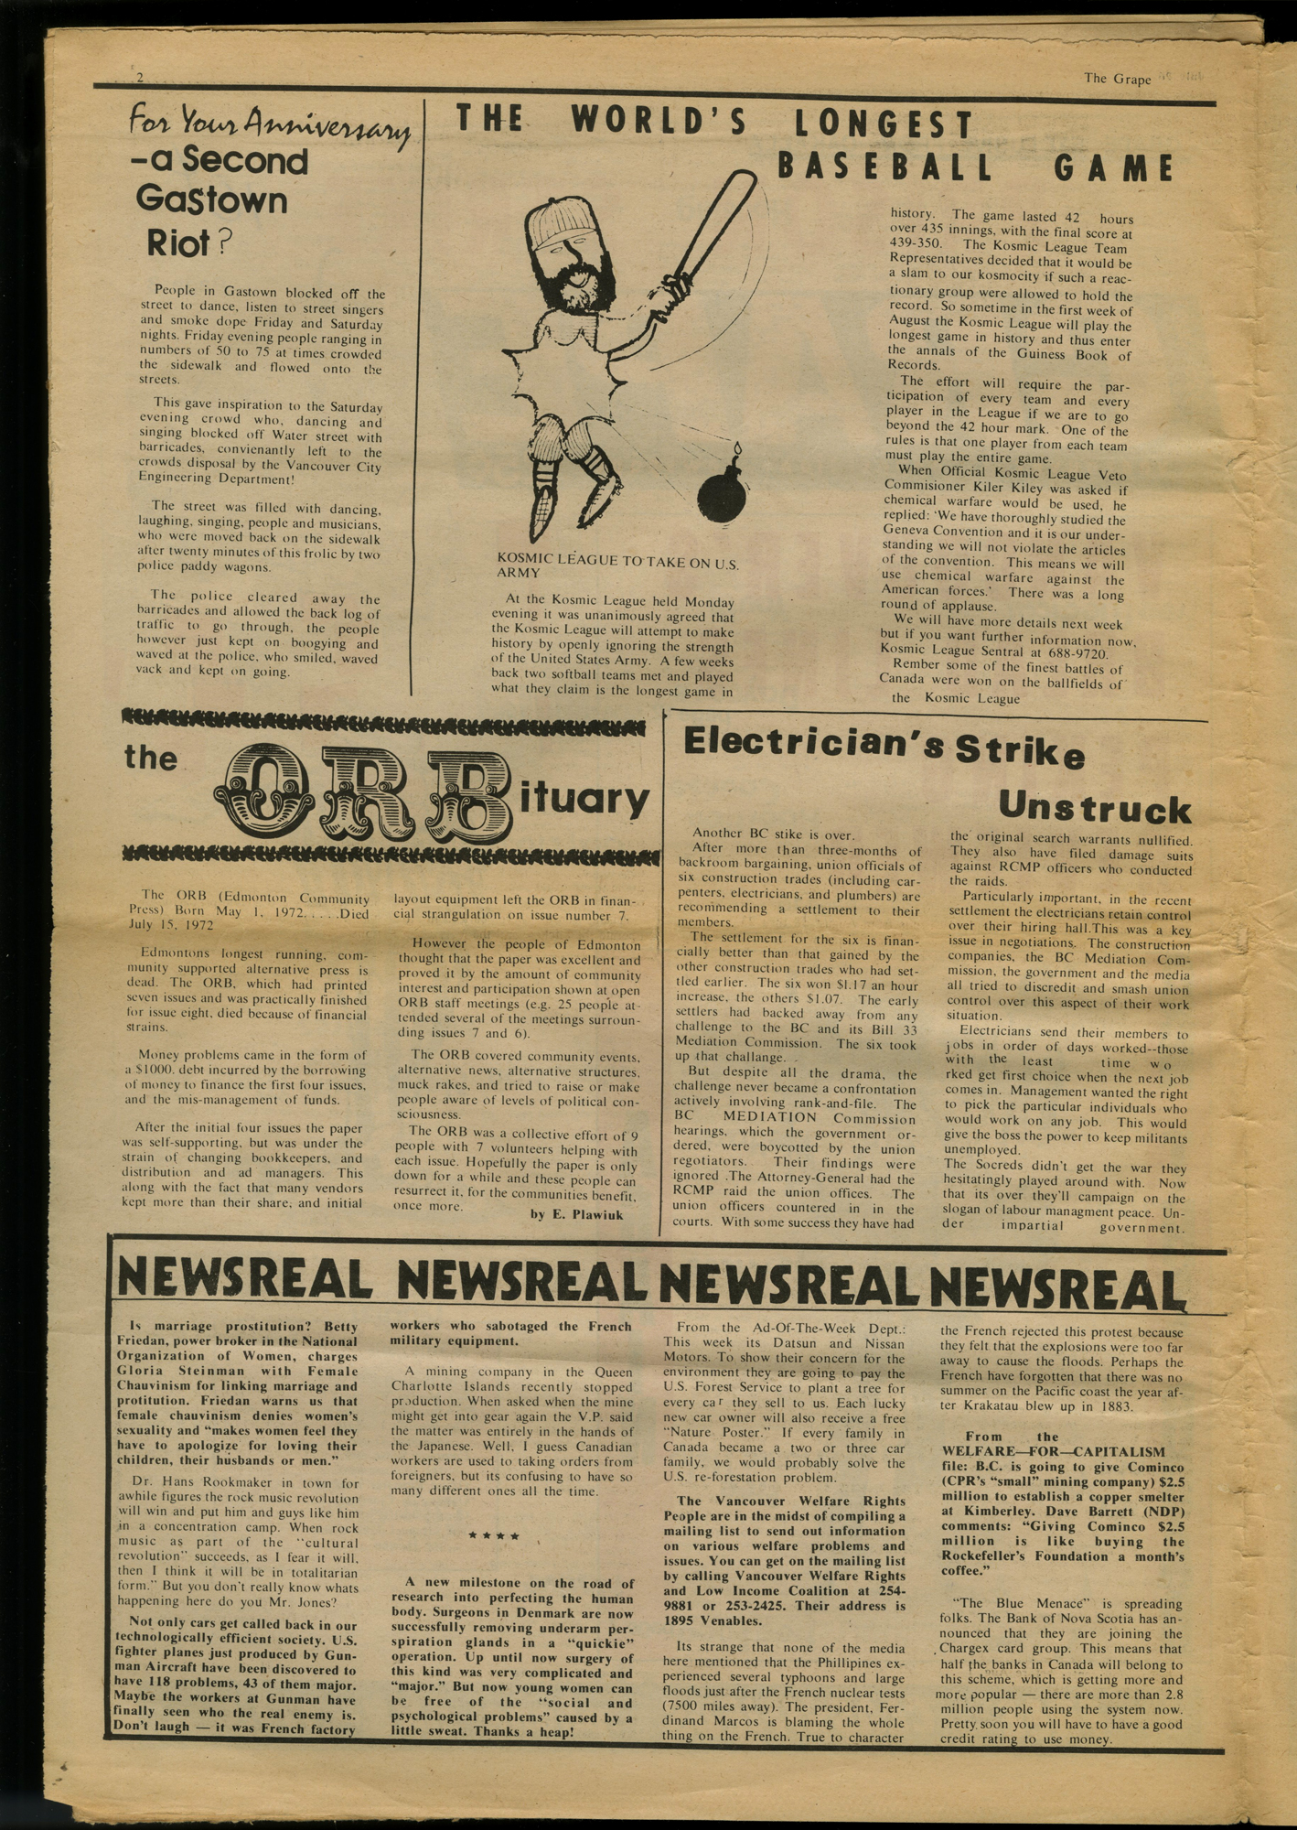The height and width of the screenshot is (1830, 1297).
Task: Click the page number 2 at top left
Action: [x=140, y=78]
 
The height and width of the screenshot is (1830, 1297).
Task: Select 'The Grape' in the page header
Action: [x=1117, y=79]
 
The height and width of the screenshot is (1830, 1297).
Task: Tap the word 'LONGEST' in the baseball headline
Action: [x=884, y=125]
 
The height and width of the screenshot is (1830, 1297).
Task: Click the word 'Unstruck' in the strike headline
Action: [x=1094, y=808]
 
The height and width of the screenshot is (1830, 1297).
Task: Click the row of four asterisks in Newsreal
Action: [x=494, y=1536]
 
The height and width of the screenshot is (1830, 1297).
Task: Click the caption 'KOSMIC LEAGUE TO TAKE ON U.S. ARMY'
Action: [x=617, y=566]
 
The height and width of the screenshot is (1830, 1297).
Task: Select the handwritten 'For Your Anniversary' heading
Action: [x=269, y=124]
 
